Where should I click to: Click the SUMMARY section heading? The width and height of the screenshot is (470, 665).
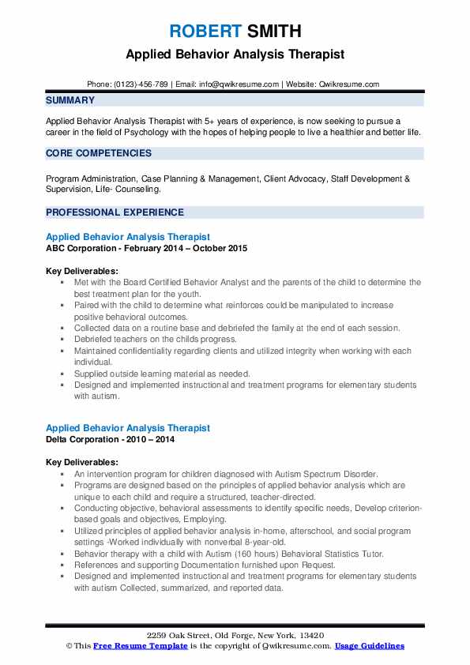[70, 100]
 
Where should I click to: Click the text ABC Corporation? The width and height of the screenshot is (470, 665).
[81, 248]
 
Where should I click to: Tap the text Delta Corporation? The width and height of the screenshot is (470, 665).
[85, 439]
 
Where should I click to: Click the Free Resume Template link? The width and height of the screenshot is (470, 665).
[131, 646]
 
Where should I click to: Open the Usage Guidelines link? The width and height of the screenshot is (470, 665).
[369, 646]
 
